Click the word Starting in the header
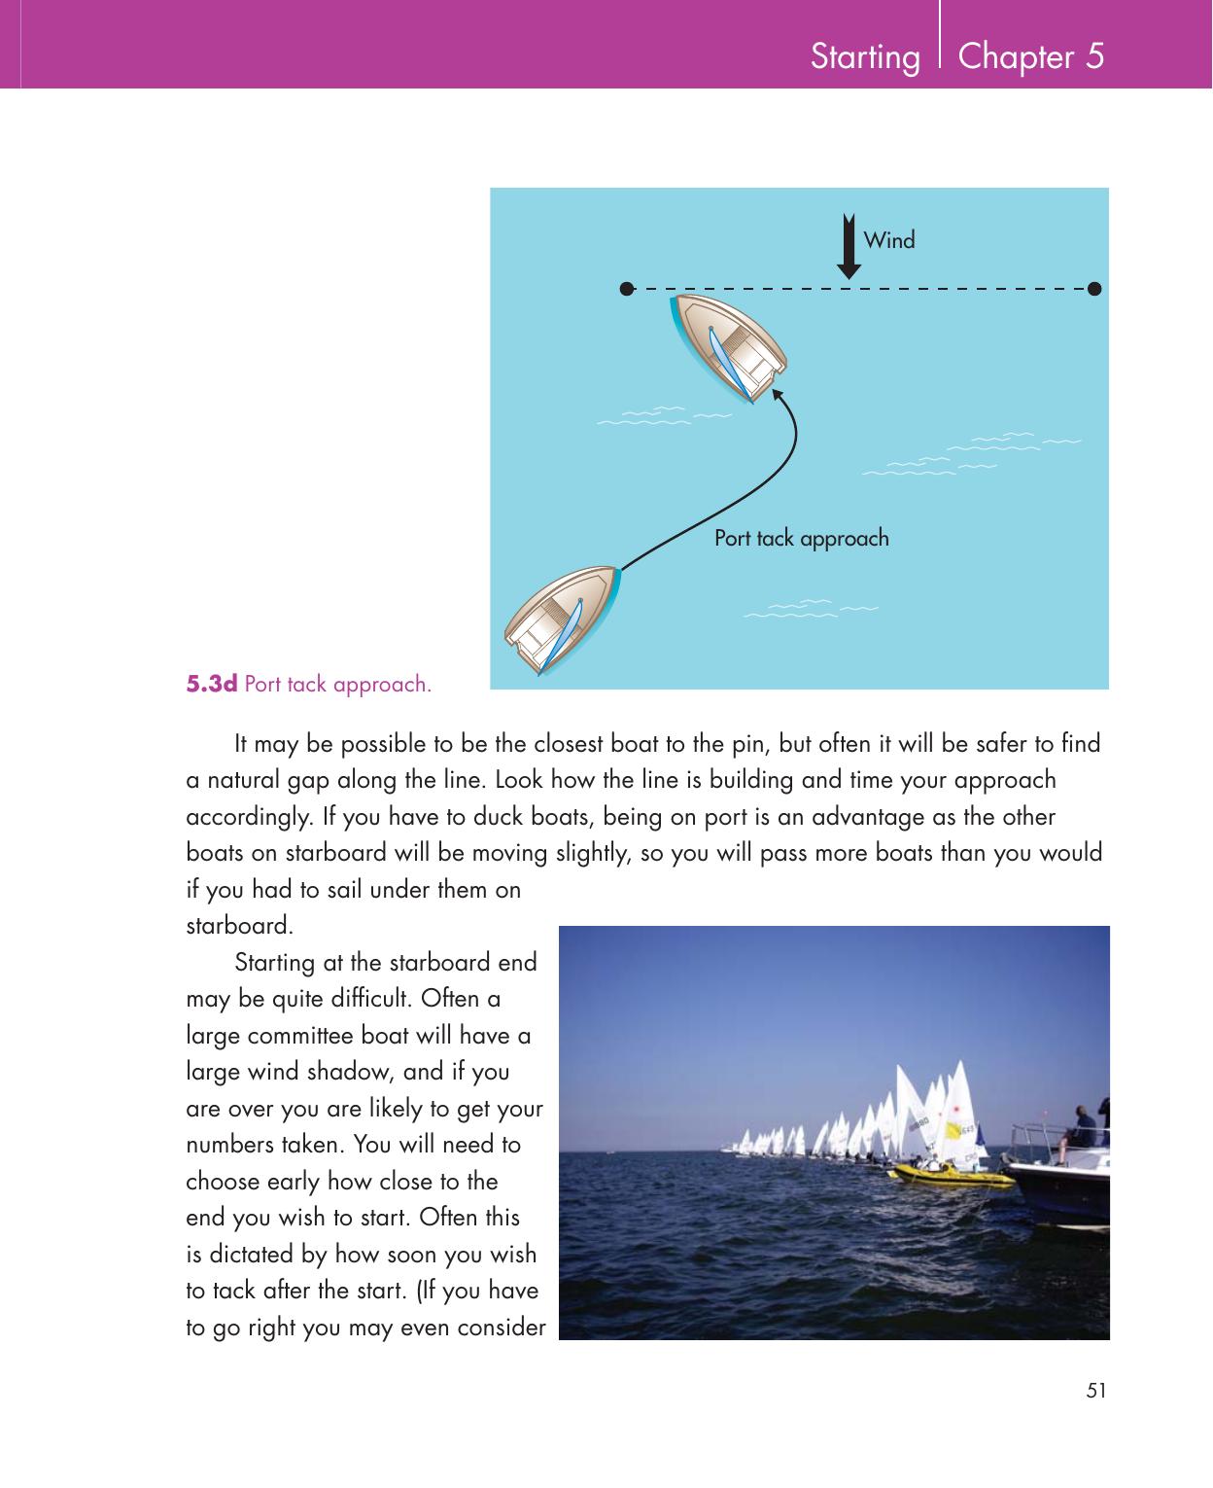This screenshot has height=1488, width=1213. [864, 57]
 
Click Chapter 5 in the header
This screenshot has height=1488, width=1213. [1030, 57]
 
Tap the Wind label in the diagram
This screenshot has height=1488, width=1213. [889, 240]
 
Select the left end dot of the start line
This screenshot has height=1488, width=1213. [627, 288]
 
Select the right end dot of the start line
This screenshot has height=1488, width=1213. [1094, 288]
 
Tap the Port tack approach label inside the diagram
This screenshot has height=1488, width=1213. [801, 538]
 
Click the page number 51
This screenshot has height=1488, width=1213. [1095, 1391]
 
